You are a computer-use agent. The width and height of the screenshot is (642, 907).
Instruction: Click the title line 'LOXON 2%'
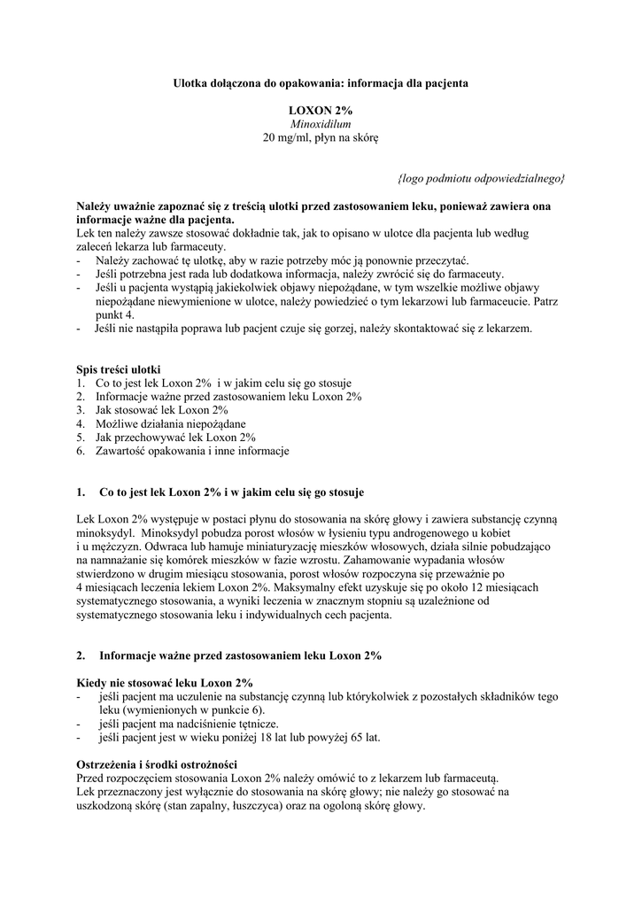point(321,110)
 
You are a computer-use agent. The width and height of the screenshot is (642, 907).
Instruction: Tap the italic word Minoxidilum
point(321,124)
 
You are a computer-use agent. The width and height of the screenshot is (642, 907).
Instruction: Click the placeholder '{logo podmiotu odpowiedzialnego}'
point(482,178)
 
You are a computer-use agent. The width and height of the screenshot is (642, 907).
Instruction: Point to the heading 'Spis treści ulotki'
point(119,368)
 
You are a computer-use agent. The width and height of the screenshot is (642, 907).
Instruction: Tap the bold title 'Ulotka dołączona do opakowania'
point(256,82)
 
